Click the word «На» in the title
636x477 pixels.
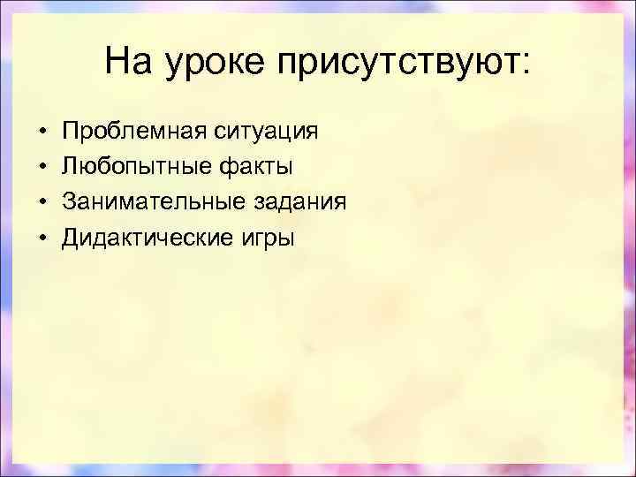coord(125,62)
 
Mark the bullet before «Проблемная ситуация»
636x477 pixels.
coord(42,132)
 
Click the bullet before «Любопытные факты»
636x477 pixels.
coord(42,168)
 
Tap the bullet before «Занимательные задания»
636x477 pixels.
coord(42,203)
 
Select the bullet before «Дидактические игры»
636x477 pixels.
coord(42,238)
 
